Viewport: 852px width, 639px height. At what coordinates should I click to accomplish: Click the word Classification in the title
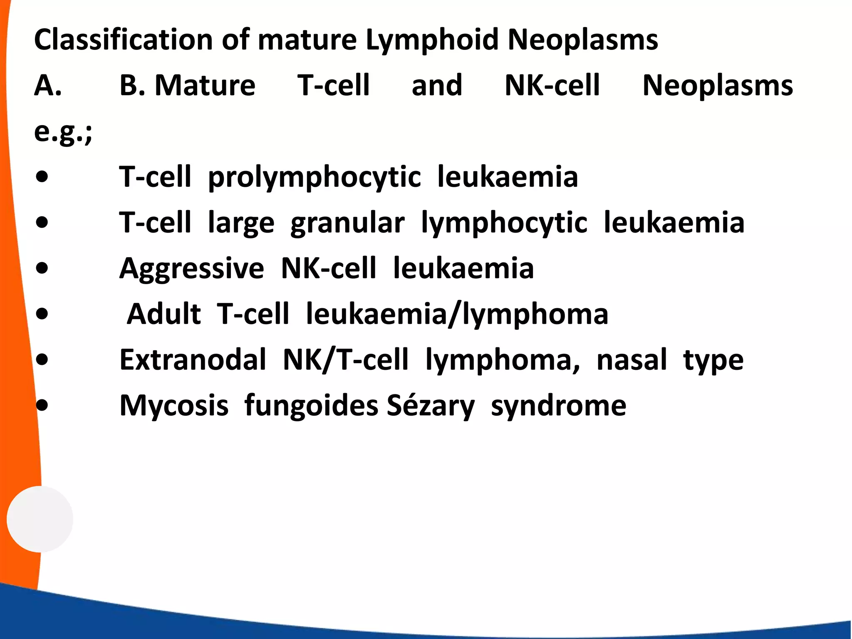tap(124, 40)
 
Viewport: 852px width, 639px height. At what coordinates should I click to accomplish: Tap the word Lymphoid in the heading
tap(432, 40)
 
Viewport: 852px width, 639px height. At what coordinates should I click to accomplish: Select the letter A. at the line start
tap(48, 85)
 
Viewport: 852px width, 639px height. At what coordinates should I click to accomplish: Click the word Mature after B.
tap(205, 85)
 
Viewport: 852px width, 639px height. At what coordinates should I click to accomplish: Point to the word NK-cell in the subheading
tap(552, 85)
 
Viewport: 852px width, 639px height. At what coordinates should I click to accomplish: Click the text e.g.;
tap(63, 132)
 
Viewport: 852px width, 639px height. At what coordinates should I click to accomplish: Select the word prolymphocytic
tap(314, 177)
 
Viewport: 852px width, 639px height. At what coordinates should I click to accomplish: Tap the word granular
tap(347, 223)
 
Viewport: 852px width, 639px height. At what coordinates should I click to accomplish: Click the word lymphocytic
tap(504, 223)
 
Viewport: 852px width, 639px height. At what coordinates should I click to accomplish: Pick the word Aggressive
tap(191, 269)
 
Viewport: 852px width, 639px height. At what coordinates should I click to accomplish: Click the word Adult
tap(163, 314)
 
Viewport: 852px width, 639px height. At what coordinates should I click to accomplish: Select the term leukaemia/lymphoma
tap(457, 314)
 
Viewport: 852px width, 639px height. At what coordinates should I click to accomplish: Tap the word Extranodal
tap(193, 360)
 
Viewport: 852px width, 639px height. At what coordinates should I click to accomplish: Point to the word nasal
tap(632, 360)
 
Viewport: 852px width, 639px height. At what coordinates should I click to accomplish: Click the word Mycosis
tap(174, 406)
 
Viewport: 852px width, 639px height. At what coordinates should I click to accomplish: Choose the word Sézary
tap(430, 406)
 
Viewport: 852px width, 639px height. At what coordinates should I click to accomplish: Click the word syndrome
tap(558, 406)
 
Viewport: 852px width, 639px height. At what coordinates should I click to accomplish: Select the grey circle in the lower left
tap(40, 519)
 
